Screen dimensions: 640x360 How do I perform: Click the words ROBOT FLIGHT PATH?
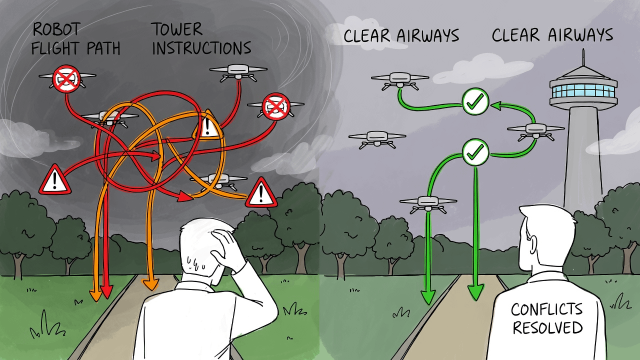tap(76, 39)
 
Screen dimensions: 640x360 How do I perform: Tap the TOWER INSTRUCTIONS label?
tap(201, 39)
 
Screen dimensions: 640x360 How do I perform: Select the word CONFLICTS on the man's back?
tap(546, 310)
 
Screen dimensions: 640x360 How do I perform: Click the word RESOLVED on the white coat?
tap(547, 328)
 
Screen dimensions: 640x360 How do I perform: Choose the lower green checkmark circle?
tap(475, 152)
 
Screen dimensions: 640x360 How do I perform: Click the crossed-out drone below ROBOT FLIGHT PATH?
tap(67, 78)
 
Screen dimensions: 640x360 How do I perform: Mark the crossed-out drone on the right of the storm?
tap(275, 106)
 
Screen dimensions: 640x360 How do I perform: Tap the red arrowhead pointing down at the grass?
tap(106, 292)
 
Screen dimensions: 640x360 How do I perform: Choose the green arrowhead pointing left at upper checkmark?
tap(495, 105)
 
